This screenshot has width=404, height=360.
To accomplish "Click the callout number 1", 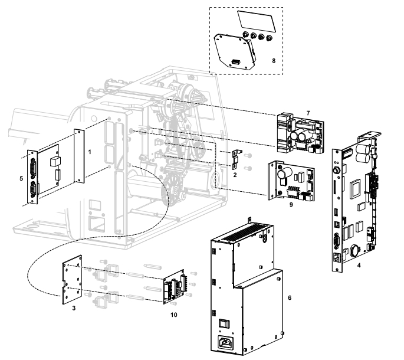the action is point(90,152).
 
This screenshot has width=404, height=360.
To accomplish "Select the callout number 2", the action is point(235,175).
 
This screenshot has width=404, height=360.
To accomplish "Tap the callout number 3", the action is point(74,308).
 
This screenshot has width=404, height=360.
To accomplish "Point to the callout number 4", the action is point(359,265).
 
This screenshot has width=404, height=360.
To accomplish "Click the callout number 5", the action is point(21,178).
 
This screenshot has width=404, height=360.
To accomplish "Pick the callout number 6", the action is point(290,298).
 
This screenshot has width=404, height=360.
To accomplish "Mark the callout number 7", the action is point(308,113).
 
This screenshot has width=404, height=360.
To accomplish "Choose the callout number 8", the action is point(274,61).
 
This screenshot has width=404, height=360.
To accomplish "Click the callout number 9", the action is point(291,205).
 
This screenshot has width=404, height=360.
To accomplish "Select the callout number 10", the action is point(174,315).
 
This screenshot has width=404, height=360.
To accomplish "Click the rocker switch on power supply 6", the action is point(224,323).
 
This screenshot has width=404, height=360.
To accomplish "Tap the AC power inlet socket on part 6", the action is point(226,343).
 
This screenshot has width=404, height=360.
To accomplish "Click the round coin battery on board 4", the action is point(356,250).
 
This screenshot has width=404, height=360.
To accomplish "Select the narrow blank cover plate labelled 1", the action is point(79,156).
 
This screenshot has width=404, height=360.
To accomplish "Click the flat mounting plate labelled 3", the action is point(72,280).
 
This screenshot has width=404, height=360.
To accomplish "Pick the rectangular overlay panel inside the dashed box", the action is point(257,22).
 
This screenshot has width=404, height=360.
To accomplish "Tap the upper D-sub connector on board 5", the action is point(33,168).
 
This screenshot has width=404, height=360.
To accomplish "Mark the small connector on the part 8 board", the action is point(235,62).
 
